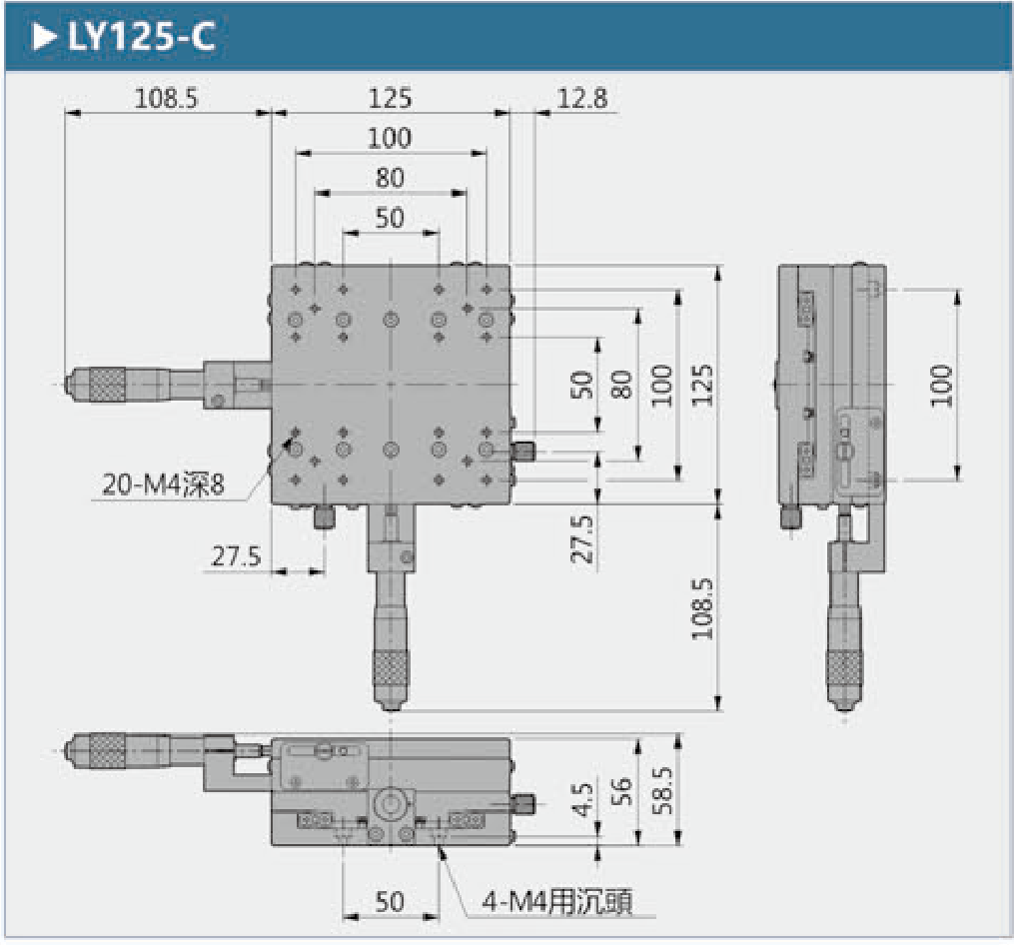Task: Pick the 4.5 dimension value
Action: (583, 800)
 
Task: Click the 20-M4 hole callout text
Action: (163, 484)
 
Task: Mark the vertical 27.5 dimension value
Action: (582, 538)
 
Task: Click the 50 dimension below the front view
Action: (390, 901)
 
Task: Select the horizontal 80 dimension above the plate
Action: (390, 177)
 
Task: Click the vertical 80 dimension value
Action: (621, 384)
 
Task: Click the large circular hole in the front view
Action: (391, 802)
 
